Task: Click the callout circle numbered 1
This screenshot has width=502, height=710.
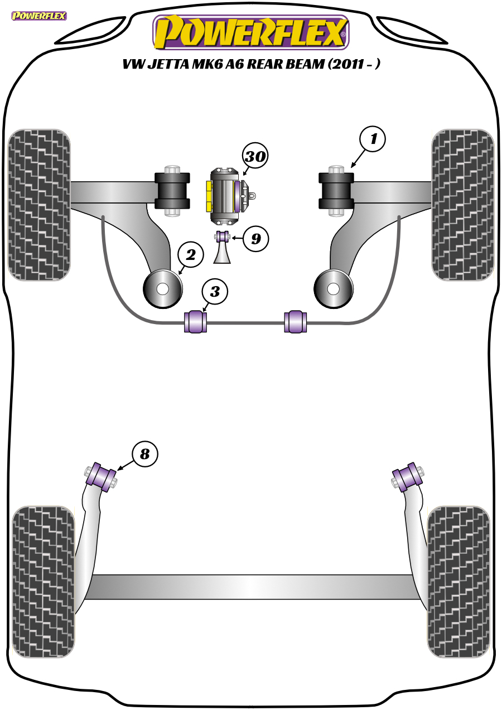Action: [x=373, y=139]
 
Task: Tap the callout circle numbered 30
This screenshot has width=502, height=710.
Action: [x=255, y=157]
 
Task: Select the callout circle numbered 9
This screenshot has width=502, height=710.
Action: [x=256, y=239]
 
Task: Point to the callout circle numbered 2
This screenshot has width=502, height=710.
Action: [x=190, y=255]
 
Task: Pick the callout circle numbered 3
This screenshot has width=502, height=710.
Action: [x=215, y=292]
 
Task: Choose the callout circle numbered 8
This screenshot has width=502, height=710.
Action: [x=144, y=455]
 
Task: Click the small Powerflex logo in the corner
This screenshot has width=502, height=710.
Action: [x=38, y=16]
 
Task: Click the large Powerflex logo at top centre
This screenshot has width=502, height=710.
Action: [x=251, y=33]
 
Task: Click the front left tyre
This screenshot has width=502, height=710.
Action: [x=38, y=205]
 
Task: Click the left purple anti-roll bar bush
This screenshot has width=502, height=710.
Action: [x=196, y=322]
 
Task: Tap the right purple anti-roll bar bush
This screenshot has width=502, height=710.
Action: [x=296, y=322]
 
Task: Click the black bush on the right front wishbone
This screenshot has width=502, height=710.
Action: [x=336, y=191]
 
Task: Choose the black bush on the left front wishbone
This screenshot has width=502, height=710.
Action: [x=172, y=191]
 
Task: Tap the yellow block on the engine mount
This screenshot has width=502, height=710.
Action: [x=209, y=196]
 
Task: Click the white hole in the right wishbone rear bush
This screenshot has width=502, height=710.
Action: [x=333, y=289]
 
